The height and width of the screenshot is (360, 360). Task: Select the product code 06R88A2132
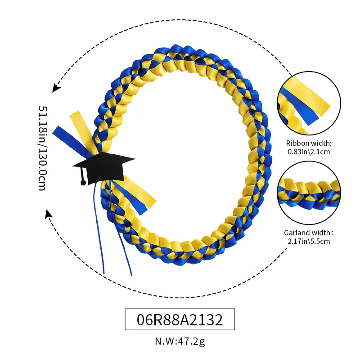180,320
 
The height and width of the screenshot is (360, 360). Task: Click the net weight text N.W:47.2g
180,342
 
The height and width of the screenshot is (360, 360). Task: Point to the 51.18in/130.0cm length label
42,148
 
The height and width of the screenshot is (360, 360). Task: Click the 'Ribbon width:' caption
309,144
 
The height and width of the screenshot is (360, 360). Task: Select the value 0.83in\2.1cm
309,152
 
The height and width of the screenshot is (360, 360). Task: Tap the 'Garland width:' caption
309,233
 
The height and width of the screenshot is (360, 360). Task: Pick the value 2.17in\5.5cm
309,242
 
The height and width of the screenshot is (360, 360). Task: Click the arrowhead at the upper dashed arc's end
55,88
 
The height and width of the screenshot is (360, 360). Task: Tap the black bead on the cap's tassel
83,182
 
